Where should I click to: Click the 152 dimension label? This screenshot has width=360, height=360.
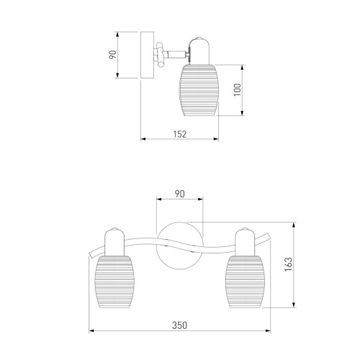(x=180, y=134)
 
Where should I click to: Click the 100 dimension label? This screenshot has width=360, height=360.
(x=237, y=90)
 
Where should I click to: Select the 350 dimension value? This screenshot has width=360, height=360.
(x=179, y=325)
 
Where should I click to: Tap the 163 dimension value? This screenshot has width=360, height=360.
(x=288, y=264)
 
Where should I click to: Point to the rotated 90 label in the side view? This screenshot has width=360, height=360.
(x=112, y=55)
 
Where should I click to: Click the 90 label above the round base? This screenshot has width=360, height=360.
(x=179, y=194)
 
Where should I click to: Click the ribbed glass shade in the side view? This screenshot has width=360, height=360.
(x=199, y=90)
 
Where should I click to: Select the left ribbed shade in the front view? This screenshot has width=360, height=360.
(x=114, y=282)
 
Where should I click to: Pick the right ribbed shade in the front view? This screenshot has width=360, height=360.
(x=245, y=282)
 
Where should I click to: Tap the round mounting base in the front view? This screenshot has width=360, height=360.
(x=179, y=246)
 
